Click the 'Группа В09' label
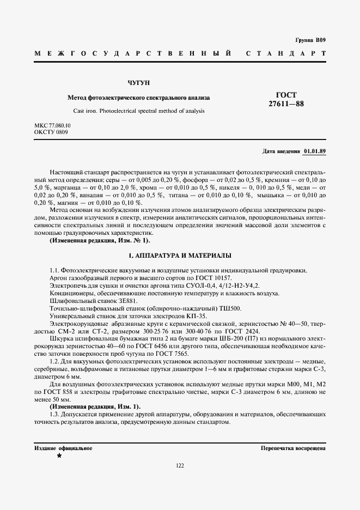point(310,40)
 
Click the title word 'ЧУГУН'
point(138,83)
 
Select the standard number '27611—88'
point(286,104)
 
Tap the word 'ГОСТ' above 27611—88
point(286,95)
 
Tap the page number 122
point(180,465)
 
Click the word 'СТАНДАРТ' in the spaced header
point(286,53)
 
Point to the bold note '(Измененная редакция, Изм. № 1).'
point(100,240)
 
